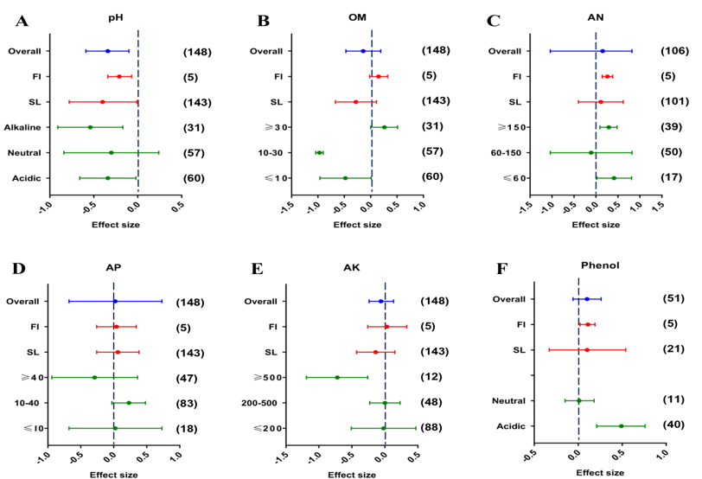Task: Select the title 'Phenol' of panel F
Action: coord(596,265)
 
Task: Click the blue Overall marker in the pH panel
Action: coord(107,51)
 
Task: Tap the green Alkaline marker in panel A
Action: coord(90,127)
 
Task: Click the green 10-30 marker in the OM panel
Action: coord(319,153)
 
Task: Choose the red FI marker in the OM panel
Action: coord(378,76)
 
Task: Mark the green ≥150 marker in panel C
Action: coord(609,127)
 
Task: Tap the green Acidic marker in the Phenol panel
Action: coord(621,425)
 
